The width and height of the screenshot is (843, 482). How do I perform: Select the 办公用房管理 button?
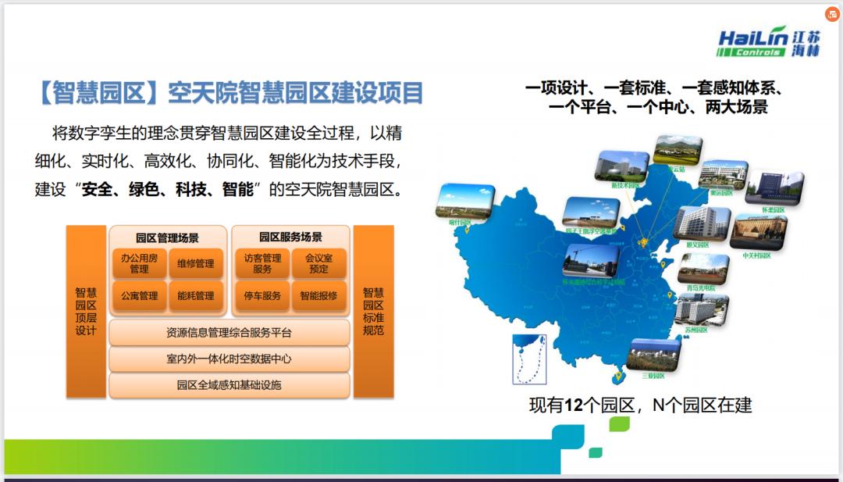click(x=139, y=263)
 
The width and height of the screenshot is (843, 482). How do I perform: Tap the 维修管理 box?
click(x=195, y=263)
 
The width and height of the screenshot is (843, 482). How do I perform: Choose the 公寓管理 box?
click(x=139, y=296)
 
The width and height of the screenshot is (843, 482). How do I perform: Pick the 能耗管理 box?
click(x=195, y=296)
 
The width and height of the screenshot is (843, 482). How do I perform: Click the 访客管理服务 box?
click(x=262, y=263)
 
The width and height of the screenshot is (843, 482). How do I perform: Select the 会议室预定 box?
click(x=318, y=263)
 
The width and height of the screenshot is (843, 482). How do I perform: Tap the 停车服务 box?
click(x=262, y=296)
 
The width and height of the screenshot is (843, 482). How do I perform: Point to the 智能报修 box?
click(x=318, y=296)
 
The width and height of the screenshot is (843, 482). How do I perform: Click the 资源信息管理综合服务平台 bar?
click(x=229, y=333)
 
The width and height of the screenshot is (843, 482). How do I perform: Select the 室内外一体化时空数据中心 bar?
click(x=229, y=359)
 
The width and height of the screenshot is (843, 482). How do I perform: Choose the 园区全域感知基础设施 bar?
click(x=229, y=384)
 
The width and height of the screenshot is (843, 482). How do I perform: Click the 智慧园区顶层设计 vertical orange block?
click(x=86, y=311)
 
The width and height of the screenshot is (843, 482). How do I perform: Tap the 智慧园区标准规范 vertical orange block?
click(x=373, y=311)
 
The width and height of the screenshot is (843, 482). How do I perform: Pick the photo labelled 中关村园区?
click(x=757, y=233)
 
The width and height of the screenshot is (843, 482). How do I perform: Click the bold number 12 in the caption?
click(x=574, y=405)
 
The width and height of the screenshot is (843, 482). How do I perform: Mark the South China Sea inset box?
click(x=528, y=359)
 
